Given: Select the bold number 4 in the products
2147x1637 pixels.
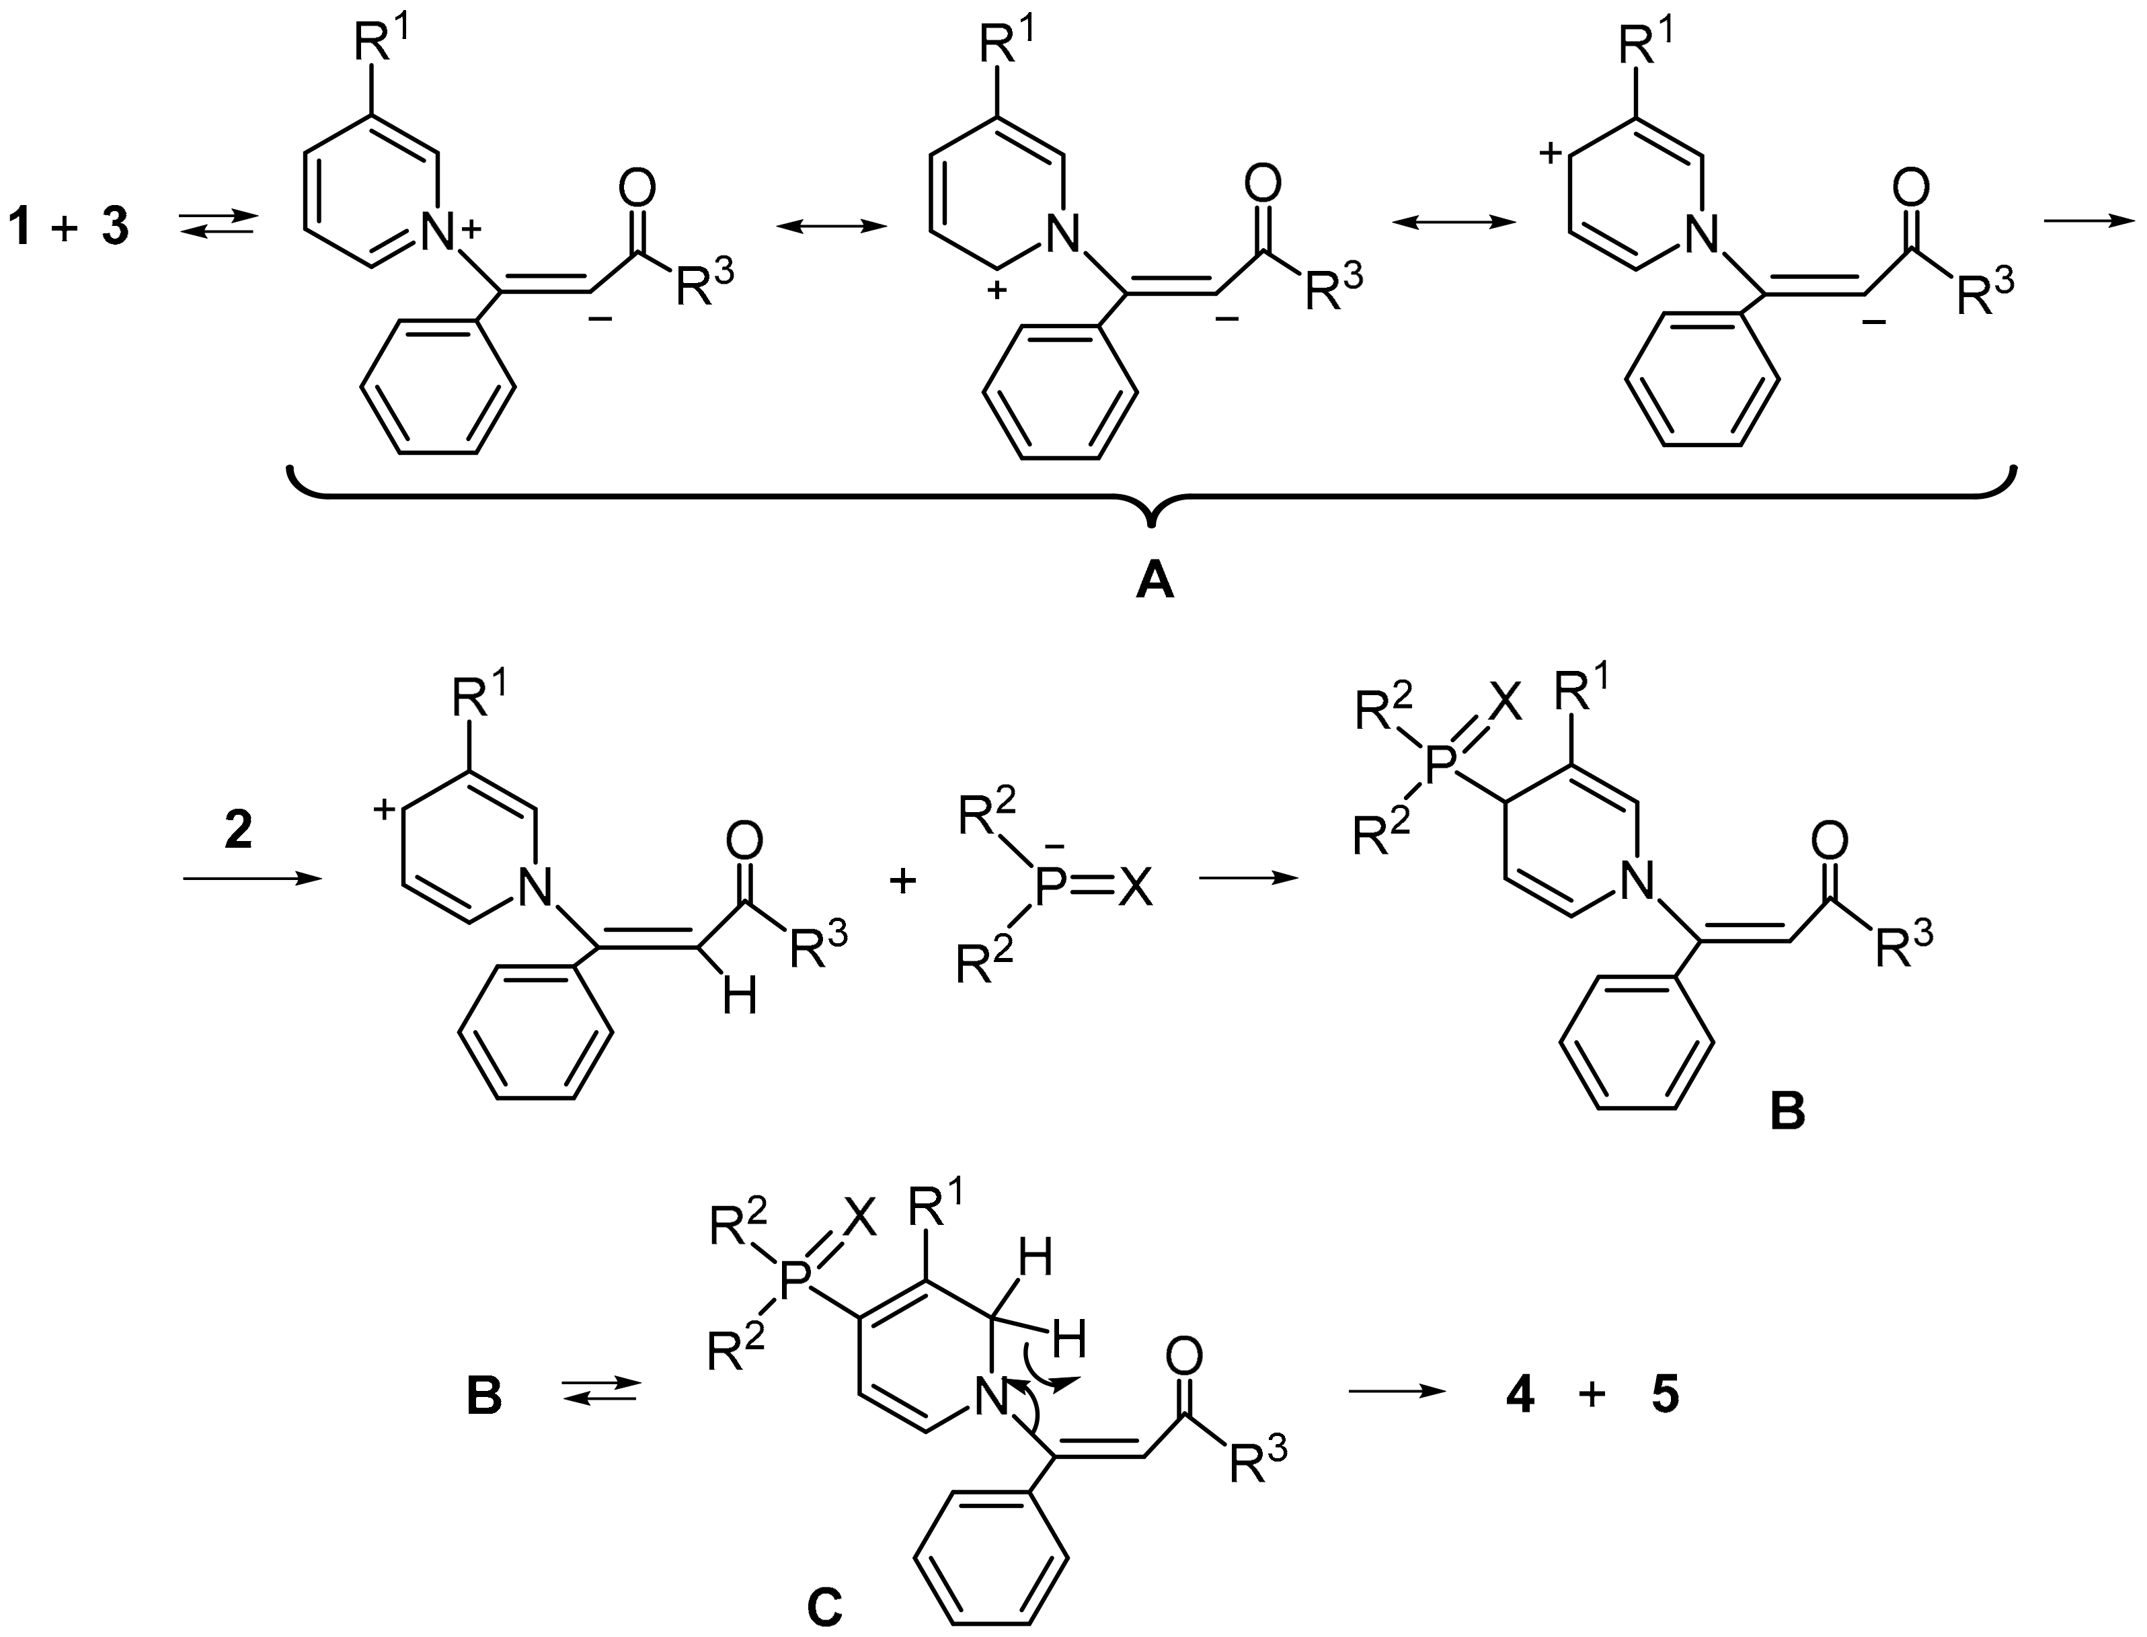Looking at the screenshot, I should click(x=1520, y=1396).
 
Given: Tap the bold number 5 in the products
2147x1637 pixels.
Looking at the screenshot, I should click(x=1665, y=1396).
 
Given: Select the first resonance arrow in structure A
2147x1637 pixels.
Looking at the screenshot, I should click(x=831, y=226).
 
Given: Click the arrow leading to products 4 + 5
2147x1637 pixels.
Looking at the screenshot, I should click(x=1396, y=1392).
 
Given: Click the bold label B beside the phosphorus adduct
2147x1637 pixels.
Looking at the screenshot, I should click(x=1787, y=1111).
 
